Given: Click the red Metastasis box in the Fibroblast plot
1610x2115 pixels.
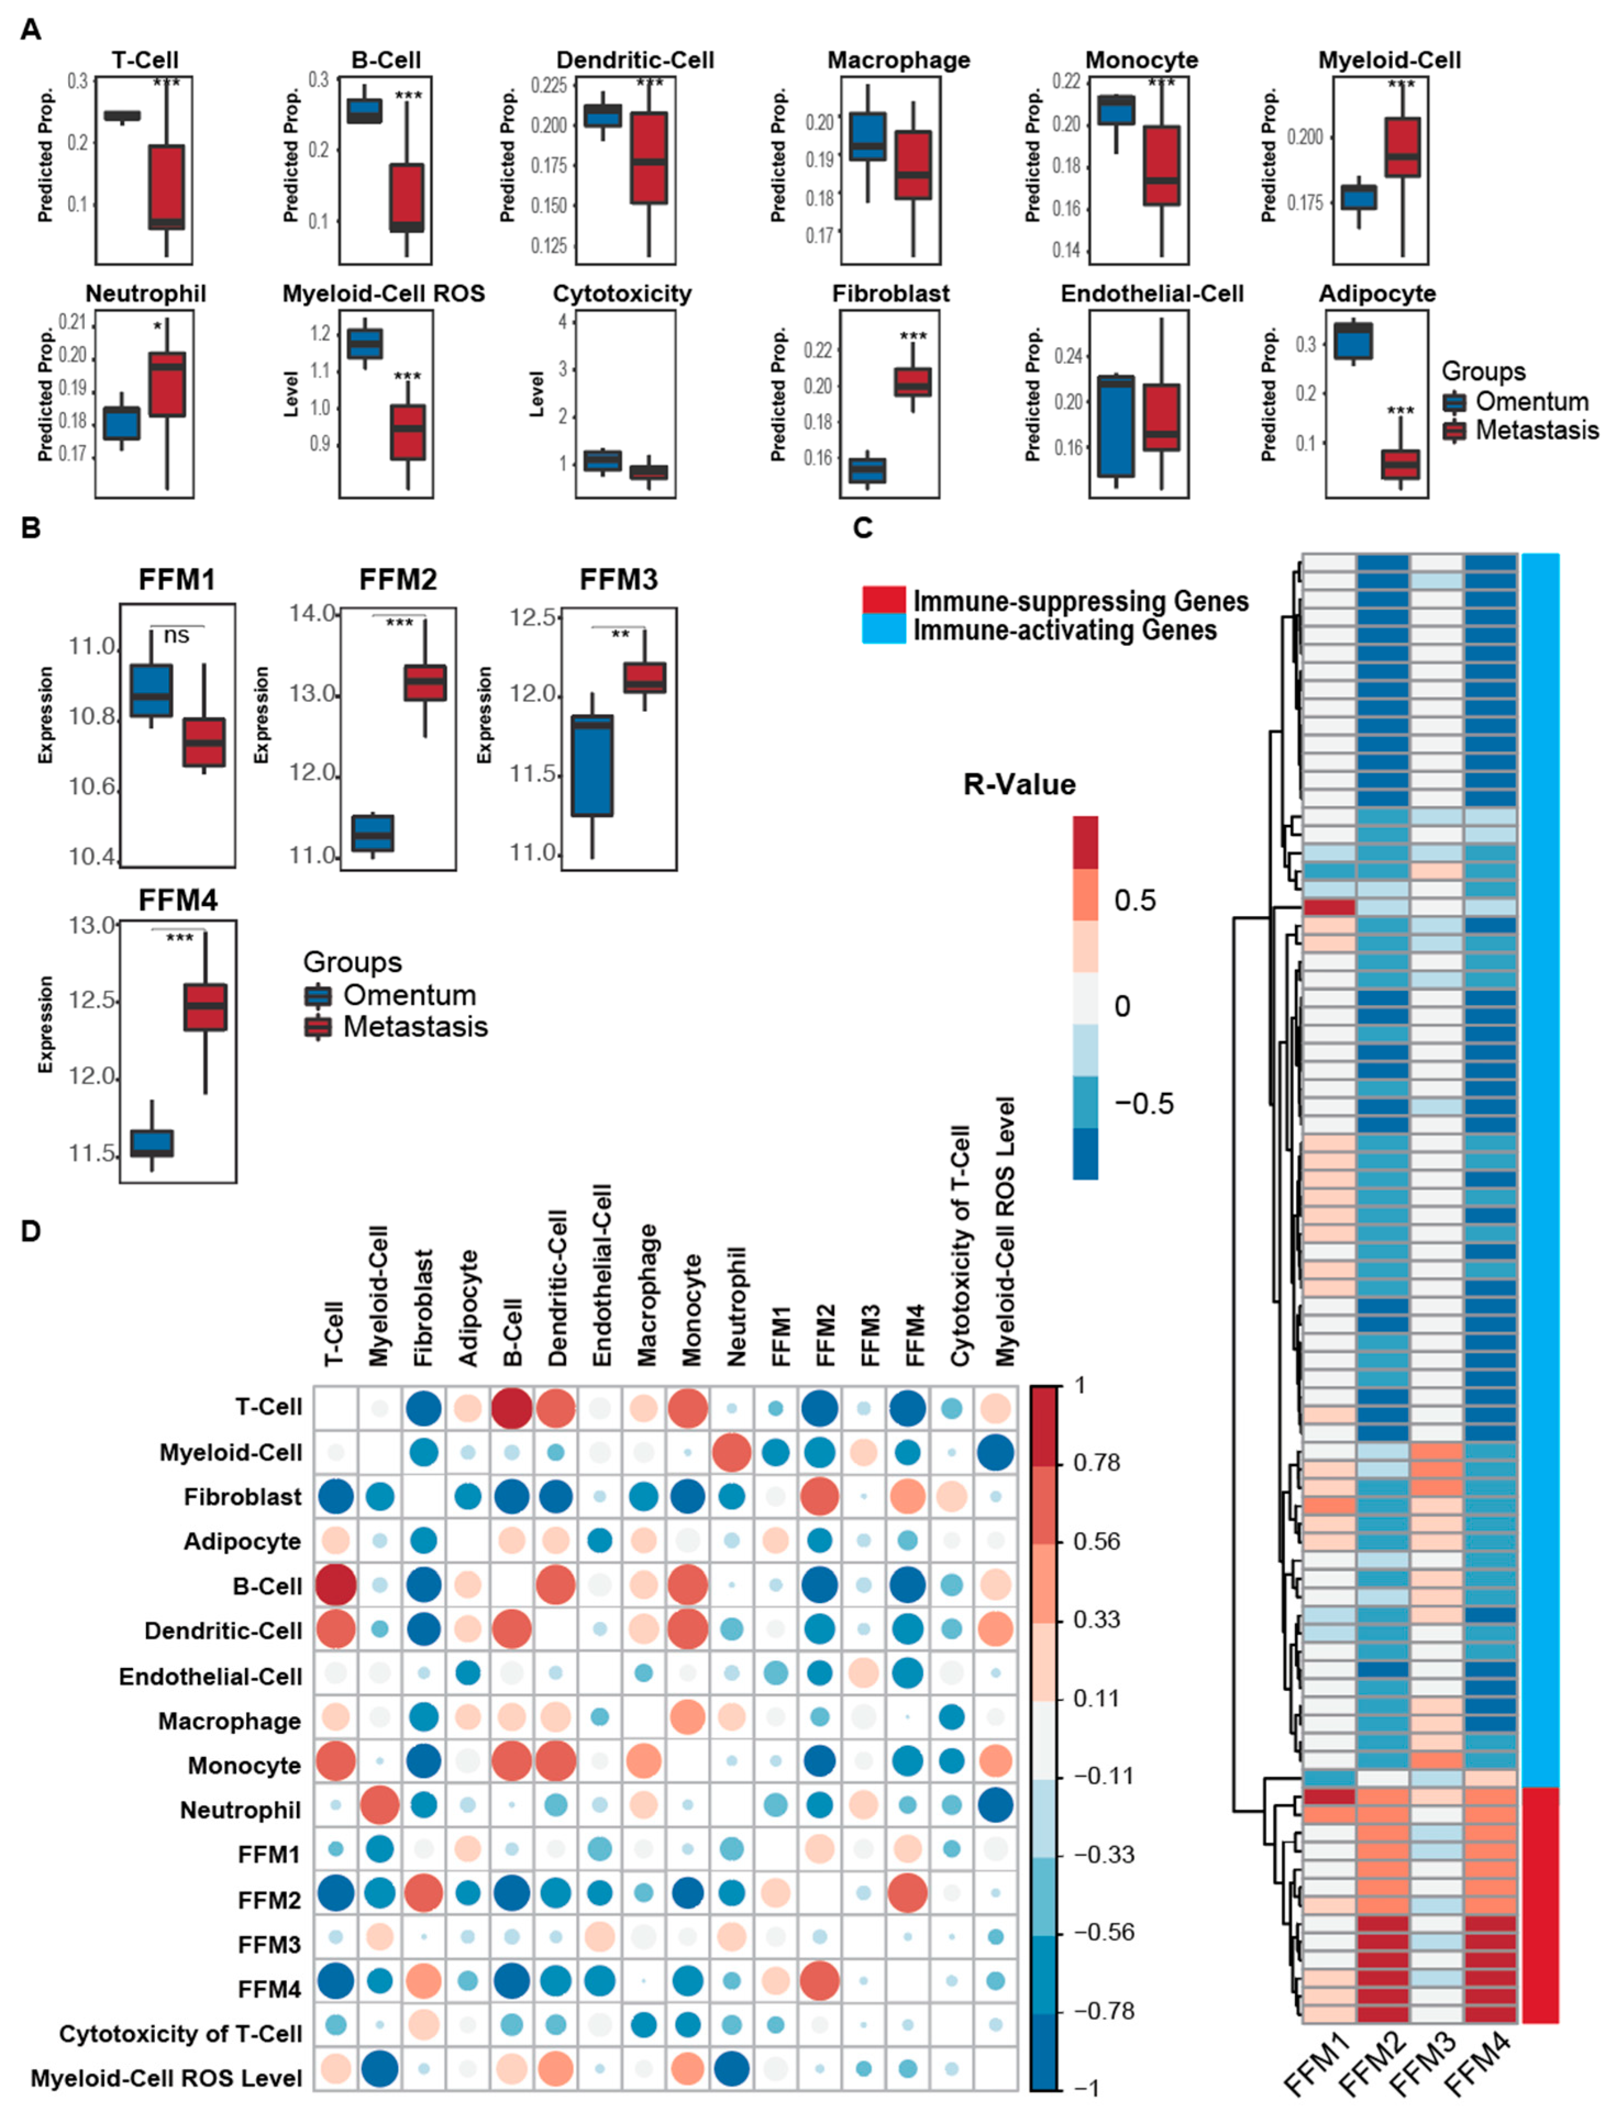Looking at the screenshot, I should (x=912, y=381).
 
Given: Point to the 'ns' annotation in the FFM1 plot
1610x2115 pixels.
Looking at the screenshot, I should (x=176, y=635).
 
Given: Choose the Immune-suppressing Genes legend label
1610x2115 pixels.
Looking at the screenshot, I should (x=1080, y=601).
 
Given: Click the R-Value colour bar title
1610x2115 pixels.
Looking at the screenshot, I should (x=1019, y=784).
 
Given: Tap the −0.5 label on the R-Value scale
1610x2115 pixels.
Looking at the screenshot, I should (x=1143, y=1103).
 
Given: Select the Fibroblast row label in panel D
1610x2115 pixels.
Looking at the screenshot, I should (x=242, y=1496).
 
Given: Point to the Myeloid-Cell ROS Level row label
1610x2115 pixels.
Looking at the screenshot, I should (x=166, y=2078).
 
